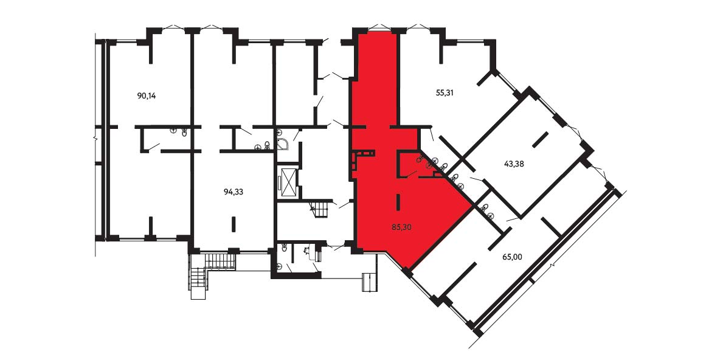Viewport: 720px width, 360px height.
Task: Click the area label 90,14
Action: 147,96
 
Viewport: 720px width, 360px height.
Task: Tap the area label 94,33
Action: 234,192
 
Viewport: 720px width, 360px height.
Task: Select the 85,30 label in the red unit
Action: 401,226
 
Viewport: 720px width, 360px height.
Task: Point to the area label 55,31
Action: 445,92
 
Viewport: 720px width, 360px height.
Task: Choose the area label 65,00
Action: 512,257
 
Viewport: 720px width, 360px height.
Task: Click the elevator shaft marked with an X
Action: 289,183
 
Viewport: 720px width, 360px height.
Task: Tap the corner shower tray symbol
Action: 284,140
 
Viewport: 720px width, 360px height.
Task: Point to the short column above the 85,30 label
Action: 398,202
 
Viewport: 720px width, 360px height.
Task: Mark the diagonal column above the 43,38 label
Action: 541,140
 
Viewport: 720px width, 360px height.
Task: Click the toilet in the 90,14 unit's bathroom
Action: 184,132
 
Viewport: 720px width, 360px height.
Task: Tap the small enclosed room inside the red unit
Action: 408,164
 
